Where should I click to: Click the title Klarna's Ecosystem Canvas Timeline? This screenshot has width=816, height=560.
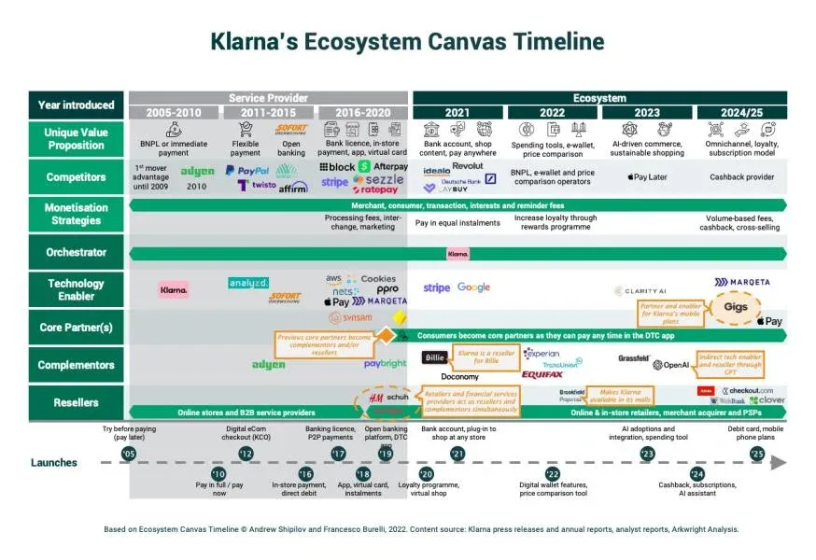(x=407, y=42)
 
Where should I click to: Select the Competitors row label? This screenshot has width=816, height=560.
(x=76, y=176)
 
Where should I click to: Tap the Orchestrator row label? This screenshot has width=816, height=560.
(x=76, y=252)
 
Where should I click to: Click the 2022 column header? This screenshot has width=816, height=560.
(x=552, y=113)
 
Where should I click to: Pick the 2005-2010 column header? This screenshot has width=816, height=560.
(x=174, y=113)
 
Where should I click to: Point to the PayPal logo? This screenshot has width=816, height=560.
(x=247, y=171)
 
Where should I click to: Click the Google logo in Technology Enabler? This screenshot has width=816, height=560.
(x=473, y=287)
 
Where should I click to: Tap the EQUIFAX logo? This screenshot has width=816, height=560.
(x=542, y=374)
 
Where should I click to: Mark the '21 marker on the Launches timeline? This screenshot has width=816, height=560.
(x=457, y=454)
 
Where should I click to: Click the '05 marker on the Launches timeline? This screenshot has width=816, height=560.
(x=128, y=454)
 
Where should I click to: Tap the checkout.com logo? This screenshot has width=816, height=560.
(x=752, y=390)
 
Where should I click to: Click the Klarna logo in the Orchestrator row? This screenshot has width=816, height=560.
(x=457, y=253)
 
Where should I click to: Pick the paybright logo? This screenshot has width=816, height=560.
(x=385, y=364)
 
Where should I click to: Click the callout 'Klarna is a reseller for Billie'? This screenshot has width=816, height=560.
(x=483, y=355)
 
